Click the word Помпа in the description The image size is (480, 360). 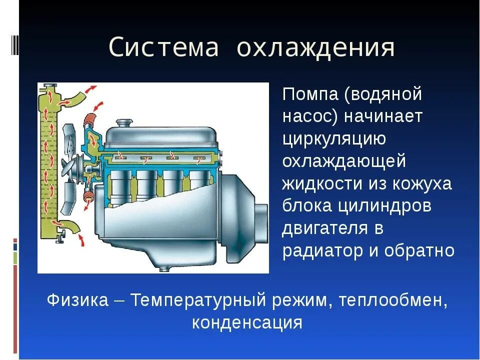310,94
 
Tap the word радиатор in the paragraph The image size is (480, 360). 323,250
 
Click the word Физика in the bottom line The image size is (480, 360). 77,300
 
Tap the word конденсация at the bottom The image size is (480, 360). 247,322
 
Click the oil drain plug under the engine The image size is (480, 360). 163,269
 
